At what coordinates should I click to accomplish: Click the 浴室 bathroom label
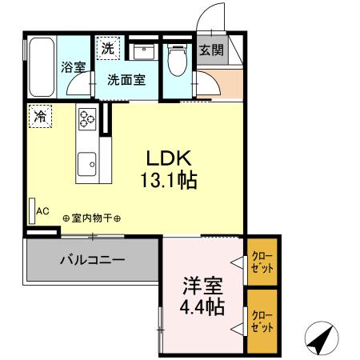click(74, 67)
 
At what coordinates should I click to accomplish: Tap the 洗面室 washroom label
click(126, 79)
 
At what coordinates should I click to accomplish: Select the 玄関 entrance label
click(211, 50)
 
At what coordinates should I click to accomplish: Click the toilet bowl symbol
click(178, 60)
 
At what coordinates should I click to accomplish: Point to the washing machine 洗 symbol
click(107, 48)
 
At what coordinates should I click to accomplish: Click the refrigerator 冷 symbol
click(38, 116)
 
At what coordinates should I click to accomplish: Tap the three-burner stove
click(86, 119)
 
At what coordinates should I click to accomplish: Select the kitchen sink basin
click(86, 164)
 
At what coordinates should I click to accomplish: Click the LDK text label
click(170, 158)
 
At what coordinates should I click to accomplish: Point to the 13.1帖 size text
click(170, 180)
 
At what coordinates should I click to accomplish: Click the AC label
click(43, 211)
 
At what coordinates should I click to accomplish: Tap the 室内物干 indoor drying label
click(91, 218)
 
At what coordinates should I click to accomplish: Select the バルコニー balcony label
click(91, 260)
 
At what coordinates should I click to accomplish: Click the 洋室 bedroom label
click(202, 286)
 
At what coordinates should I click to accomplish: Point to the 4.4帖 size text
click(202, 306)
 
